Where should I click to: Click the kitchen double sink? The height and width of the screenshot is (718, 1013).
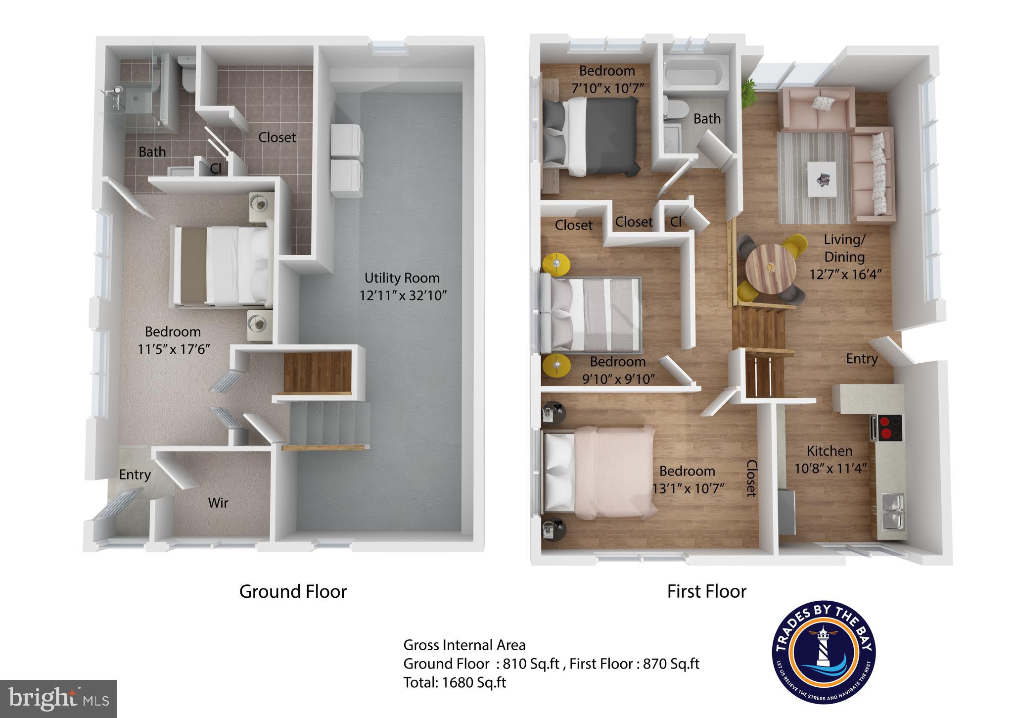tap(893, 511)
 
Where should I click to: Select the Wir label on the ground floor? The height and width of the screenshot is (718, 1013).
tap(218, 503)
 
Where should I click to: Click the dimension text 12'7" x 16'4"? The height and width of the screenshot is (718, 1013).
tap(845, 274)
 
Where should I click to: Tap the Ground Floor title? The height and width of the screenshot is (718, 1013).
tap(293, 591)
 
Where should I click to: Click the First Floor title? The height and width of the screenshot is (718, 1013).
tap(706, 591)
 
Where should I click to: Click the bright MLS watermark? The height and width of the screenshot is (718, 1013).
tap(58, 699)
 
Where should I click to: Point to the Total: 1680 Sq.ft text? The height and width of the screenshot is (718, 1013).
tap(455, 682)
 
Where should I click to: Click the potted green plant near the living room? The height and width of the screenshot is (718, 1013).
tap(748, 92)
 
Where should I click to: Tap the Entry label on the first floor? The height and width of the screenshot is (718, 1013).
tap(862, 359)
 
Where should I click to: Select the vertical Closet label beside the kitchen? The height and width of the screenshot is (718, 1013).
tap(751, 478)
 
